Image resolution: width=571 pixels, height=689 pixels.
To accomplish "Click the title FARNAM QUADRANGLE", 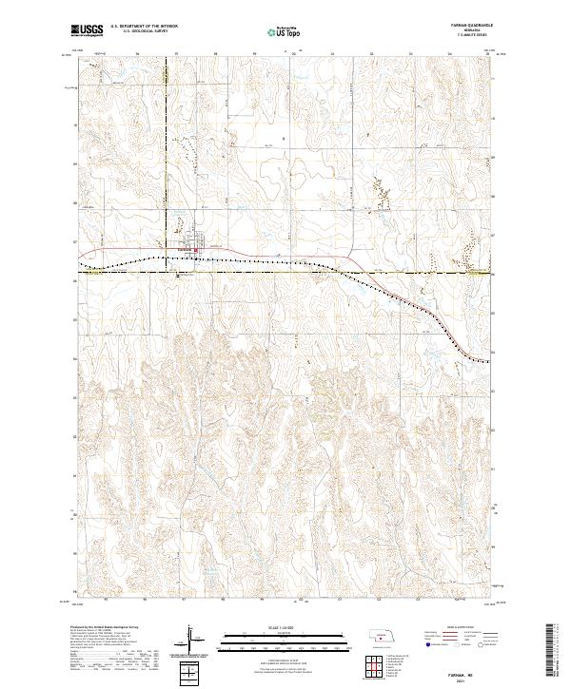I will click(x=463, y=27).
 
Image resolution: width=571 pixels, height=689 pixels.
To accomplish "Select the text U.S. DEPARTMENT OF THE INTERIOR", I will click(x=143, y=28).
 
